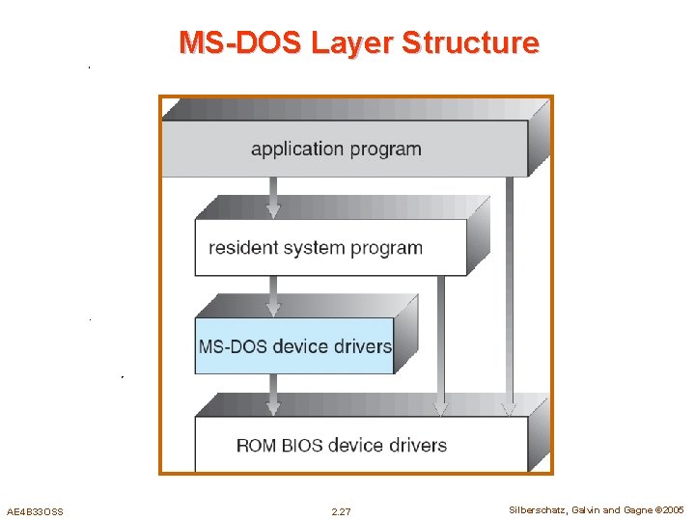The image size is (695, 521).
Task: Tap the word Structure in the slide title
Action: click(470, 43)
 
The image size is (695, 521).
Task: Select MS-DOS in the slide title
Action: click(241, 43)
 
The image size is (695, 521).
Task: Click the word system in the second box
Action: click(318, 248)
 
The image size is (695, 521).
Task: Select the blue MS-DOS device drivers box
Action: click(294, 345)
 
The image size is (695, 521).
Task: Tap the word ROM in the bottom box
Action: click(255, 446)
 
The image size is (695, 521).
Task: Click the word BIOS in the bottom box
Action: click(300, 446)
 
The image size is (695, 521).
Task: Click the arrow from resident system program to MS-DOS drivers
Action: click(274, 295)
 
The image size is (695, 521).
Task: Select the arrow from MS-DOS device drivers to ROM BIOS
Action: click(274, 395)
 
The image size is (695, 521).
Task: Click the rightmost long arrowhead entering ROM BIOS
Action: click(509, 407)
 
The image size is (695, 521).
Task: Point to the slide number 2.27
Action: click(341, 511)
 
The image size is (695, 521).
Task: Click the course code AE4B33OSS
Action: click(35, 511)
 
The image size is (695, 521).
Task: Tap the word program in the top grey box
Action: click(385, 150)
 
